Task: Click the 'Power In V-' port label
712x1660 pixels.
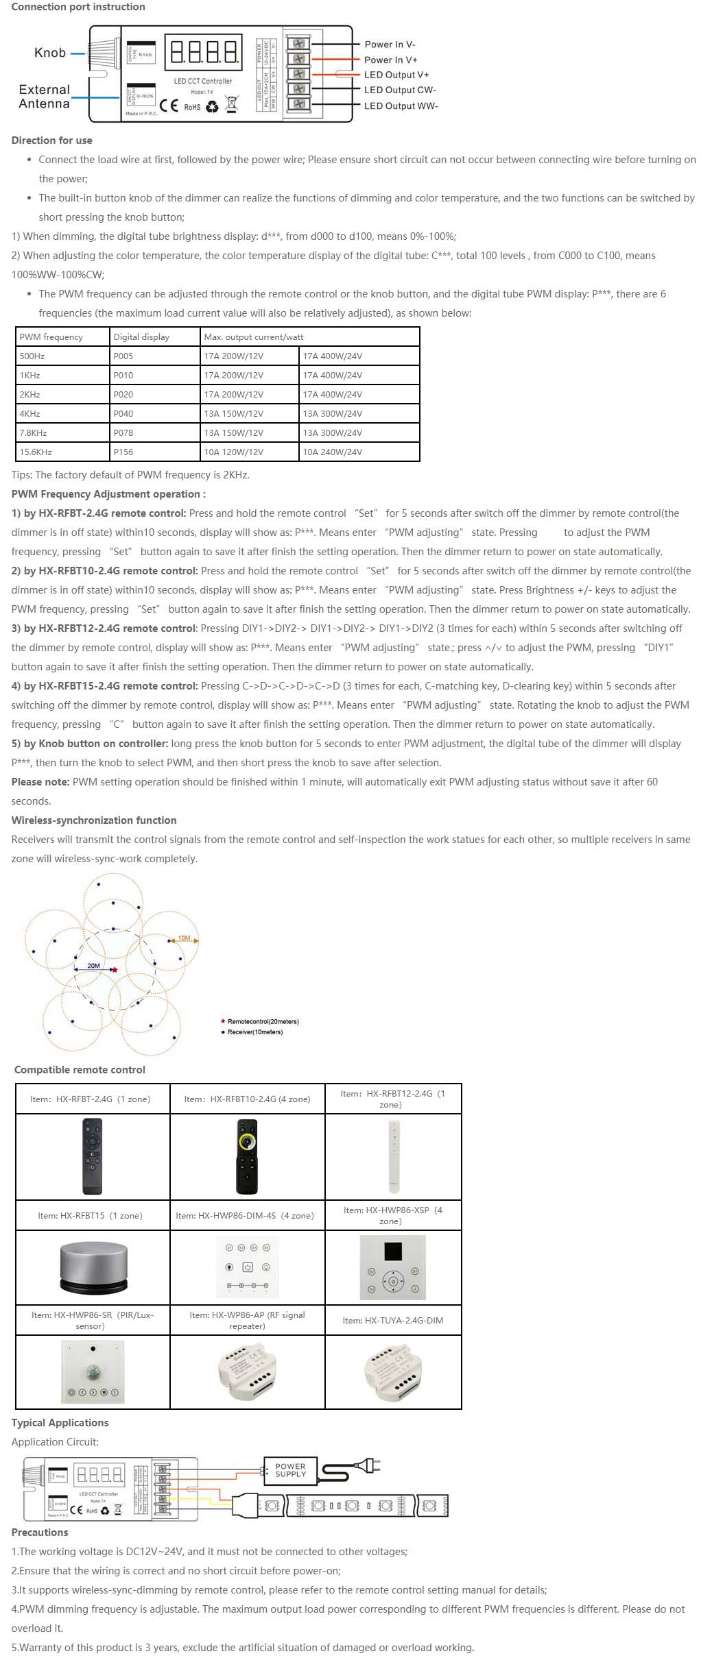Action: click(x=389, y=45)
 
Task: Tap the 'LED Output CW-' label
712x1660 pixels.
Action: click(x=400, y=90)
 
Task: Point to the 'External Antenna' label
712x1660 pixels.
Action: click(x=45, y=97)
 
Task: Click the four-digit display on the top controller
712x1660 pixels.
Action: click(x=203, y=52)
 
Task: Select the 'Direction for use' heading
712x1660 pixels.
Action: click(x=51, y=141)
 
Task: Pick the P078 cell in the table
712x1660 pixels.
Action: click(x=123, y=433)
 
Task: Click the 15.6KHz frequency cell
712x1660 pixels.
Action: click(x=36, y=452)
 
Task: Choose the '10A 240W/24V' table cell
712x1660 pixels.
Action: click(x=333, y=452)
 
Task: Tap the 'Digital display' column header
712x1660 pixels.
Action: click(x=141, y=337)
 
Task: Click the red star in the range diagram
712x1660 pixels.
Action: click(x=115, y=970)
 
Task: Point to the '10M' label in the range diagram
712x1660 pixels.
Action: click(x=184, y=938)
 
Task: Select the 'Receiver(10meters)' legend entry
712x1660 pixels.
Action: click(x=254, y=1032)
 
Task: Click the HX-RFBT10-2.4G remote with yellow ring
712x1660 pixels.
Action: click(x=247, y=1156)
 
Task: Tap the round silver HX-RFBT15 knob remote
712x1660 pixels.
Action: click(x=93, y=1266)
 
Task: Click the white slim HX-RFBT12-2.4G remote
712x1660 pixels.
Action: click(x=394, y=1156)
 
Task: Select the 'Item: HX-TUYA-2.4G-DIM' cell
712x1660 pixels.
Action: click(x=393, y=1320)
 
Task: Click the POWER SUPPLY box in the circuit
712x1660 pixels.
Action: click(x=290, y=1470)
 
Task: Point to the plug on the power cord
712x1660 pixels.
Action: click(x=370, y=1466)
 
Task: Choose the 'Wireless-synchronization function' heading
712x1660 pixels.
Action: click(x=94, y=820)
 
